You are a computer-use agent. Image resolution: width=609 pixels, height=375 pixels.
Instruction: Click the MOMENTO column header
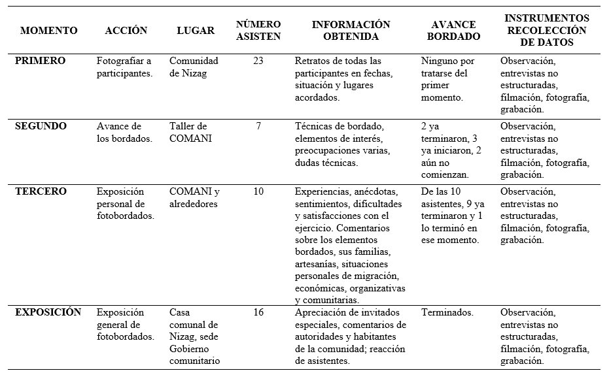click(49, 31)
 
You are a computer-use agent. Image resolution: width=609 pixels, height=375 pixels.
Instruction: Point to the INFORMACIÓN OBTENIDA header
click(351, 31)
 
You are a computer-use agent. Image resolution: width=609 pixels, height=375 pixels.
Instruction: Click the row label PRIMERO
click(41, 61)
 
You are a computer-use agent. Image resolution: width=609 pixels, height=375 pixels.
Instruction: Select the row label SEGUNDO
click(41, 126)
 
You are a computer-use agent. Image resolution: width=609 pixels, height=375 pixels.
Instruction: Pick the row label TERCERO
click(41, 191)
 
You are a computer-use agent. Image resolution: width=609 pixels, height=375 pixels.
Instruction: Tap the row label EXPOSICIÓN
click(48, 312)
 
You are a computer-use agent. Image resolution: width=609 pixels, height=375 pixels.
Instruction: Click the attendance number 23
click(258, 61)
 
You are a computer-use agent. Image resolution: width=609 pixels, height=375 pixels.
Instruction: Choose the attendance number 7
click(258, 126)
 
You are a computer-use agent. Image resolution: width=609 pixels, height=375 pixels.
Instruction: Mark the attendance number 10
click(258, 191)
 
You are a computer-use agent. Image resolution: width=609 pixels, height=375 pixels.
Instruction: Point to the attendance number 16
click(258, 312)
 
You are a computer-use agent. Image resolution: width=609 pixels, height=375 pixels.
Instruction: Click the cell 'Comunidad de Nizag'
click(194, 67)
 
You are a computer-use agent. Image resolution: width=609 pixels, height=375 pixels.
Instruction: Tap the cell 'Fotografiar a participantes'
click(125, 67)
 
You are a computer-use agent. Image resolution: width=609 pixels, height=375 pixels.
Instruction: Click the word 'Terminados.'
click(447, 312)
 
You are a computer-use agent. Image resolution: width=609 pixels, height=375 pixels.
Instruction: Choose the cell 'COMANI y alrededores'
click(195, 197)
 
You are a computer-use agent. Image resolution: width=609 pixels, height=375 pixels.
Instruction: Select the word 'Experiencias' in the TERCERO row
click(322, 191)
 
